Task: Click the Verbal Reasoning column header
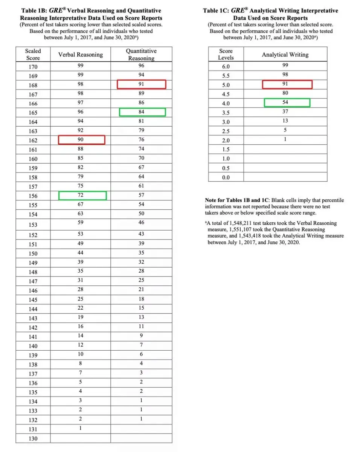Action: point(80,55)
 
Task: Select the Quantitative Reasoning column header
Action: point(141,55)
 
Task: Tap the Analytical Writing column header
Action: point(285,55)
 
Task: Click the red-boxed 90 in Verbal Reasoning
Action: point(81,140)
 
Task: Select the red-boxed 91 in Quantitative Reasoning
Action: point(141,84)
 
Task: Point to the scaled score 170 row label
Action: point(33,67)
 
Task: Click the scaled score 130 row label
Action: point(33,438)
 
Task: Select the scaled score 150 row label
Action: point(33,253)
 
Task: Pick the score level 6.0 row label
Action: point(226,67)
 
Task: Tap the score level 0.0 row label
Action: point(226,177)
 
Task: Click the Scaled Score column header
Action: point(33,55)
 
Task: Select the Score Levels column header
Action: point(226,54)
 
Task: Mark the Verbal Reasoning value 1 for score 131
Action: point(81,428)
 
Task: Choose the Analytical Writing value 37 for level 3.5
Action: point(285,112)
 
